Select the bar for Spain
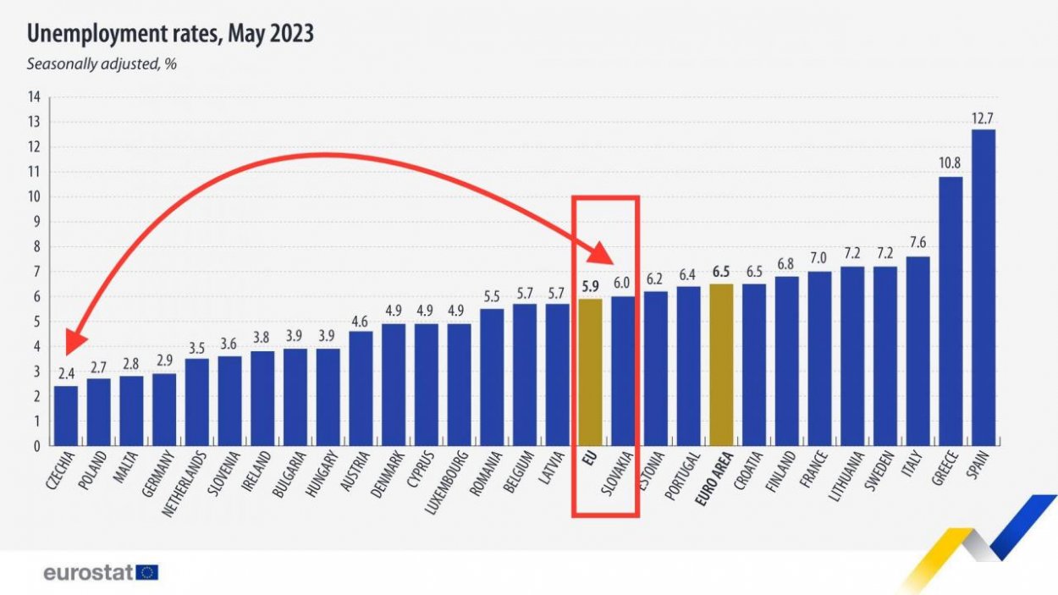click(984, 288)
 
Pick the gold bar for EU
click(590, 372)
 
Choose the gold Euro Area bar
click(721, 365)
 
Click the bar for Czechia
click(65, 416)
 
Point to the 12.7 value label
click(984, 119)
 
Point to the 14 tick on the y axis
click(34, 97)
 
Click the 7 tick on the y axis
click(36, 272)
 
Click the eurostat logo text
click(88, 573)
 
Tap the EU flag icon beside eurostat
click(148, 573)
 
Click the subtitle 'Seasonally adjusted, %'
click(101, 64)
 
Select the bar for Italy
click(917, 351)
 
